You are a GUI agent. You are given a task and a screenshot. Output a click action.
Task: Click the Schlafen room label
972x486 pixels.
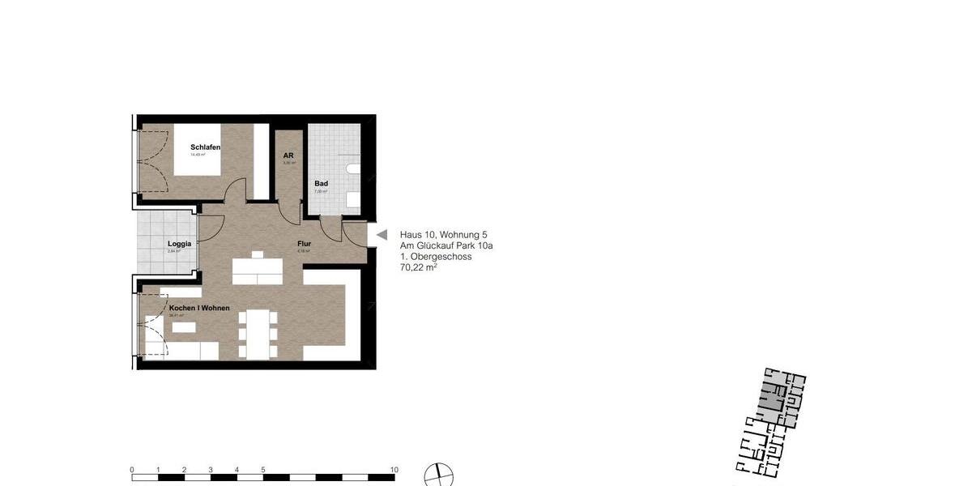205,147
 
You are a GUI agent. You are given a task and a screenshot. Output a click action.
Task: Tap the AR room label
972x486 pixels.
288,156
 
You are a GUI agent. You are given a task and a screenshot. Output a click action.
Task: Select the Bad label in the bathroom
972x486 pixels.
322,184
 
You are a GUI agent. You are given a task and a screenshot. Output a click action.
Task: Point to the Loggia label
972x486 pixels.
179,244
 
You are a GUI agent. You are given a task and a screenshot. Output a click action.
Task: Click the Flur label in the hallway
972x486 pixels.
304,244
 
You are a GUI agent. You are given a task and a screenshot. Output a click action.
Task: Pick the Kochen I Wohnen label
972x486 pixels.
198,309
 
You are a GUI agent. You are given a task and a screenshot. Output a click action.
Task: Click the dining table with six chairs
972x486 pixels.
258,334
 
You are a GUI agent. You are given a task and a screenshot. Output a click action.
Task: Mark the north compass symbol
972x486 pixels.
439,475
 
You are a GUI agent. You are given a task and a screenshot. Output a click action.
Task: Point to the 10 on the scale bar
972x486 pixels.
394,470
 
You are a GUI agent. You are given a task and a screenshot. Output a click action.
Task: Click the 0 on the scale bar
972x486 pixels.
132,470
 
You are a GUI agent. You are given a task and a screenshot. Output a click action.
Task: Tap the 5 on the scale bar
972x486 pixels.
263,470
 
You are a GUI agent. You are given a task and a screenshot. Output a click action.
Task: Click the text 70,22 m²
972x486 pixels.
419,268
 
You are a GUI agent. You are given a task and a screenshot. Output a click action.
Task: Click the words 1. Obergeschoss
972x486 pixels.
436,257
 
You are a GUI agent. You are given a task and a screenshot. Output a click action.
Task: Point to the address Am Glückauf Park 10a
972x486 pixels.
446,245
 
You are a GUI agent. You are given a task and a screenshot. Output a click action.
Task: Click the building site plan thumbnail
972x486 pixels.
771,421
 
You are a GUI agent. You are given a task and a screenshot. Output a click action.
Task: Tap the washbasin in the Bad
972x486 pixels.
353,199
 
